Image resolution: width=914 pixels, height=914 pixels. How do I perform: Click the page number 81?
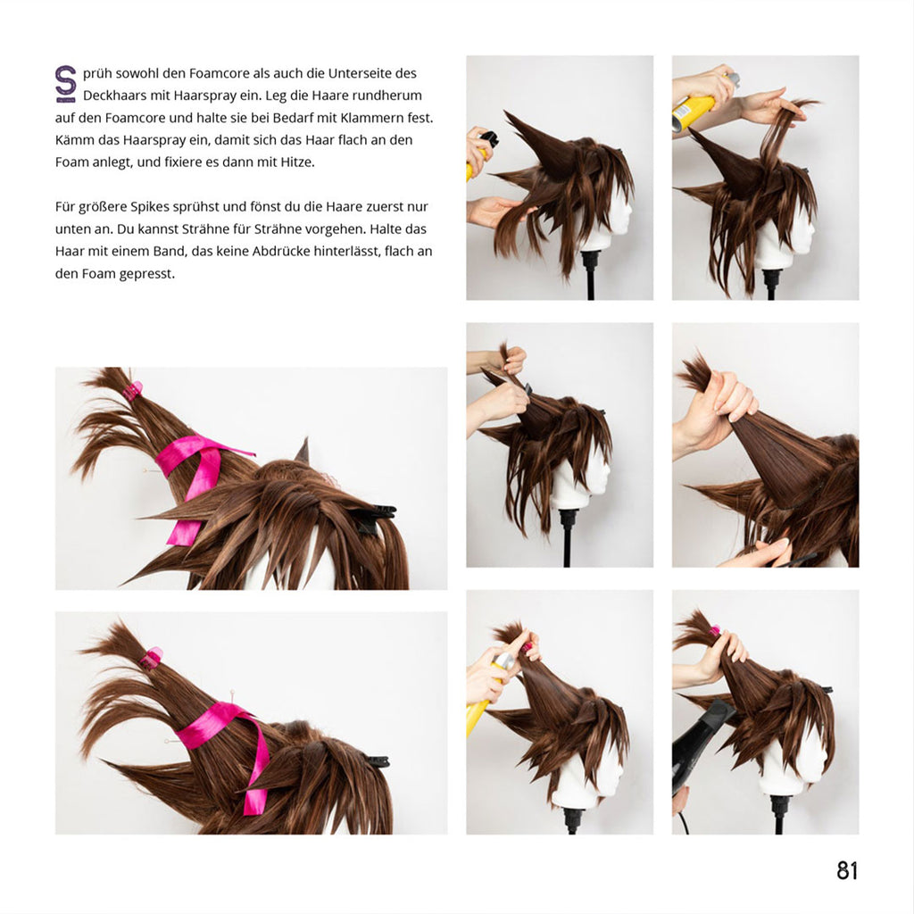pos(847,871)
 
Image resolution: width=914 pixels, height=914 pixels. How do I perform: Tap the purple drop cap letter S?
pos(65,83)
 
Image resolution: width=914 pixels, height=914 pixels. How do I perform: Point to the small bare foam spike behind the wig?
pos(303,451)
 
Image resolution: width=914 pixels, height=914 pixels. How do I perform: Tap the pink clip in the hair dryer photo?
pos(715,631)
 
